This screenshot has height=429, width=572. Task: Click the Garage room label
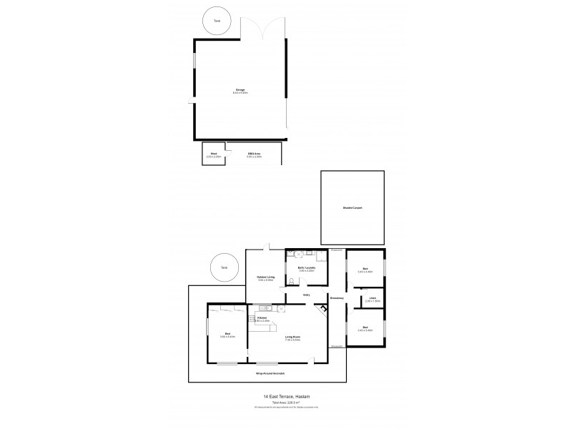tap(240, 91)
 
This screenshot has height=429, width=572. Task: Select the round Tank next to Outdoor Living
tap(224, 267)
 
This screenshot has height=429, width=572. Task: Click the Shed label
tap(213, 154)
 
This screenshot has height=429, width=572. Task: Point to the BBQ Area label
tap(254, 154)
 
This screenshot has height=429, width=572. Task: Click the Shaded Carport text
tap(352, 207)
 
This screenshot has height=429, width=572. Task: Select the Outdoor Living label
tap(265, 277)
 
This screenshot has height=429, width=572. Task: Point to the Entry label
tap(306, 294)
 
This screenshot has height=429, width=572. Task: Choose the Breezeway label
tap(337, 297)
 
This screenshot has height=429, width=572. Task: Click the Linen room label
tap(372, 298)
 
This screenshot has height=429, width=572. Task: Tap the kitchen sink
tap(265, 308)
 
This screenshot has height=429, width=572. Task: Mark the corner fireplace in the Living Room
tap(323, 310)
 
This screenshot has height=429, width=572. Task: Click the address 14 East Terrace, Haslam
tap(285, 398)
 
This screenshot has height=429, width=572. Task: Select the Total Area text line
tap(285, 403)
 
